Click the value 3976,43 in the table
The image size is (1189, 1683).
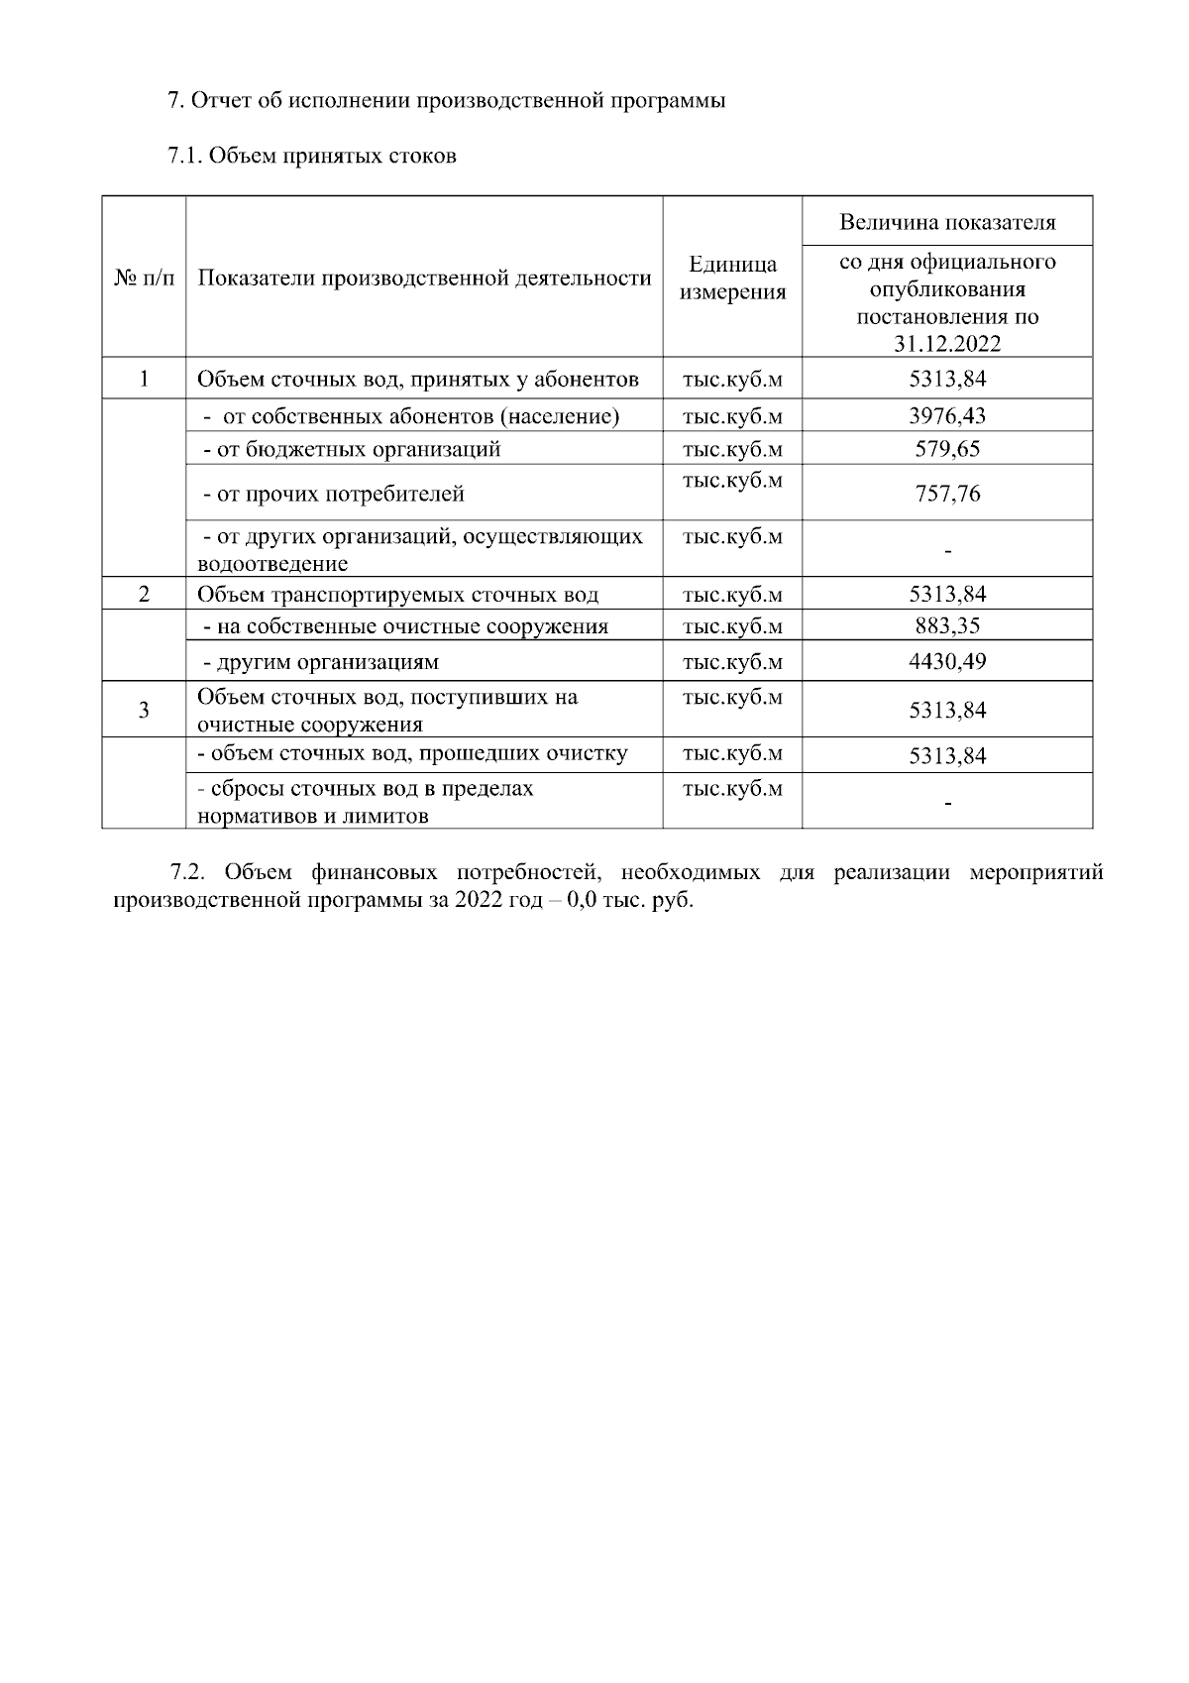click(x=947, y=416)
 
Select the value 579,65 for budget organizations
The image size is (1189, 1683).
click(x=947, y=449)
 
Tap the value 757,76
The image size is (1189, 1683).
click(x=947, y=494)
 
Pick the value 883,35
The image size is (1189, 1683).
click(x=947, y=626)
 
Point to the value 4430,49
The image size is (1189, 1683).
click(x=947, y=661)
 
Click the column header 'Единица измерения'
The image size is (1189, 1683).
click(x=732, y=279)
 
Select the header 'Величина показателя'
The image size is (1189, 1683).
click(x=947, y=222)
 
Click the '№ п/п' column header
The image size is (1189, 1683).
click(x=144, y=279)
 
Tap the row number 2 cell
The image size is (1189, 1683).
click(x=144, y=595)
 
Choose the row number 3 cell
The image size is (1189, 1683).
click(x=144, y=710)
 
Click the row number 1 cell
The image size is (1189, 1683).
click(x=144, y=379)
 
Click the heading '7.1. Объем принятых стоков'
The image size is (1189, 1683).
click(x=312, y=156)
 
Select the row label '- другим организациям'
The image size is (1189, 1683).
click(x=320, y=661)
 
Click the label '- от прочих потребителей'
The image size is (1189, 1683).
click(x=333, y=494)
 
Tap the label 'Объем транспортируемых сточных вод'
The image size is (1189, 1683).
click(x=397, y=595)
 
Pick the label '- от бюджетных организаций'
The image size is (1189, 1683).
click(x=351, y=449)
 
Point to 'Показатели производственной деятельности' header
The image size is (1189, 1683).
click(x=424, y=279)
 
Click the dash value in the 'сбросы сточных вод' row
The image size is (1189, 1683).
click(x=947, y=802)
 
